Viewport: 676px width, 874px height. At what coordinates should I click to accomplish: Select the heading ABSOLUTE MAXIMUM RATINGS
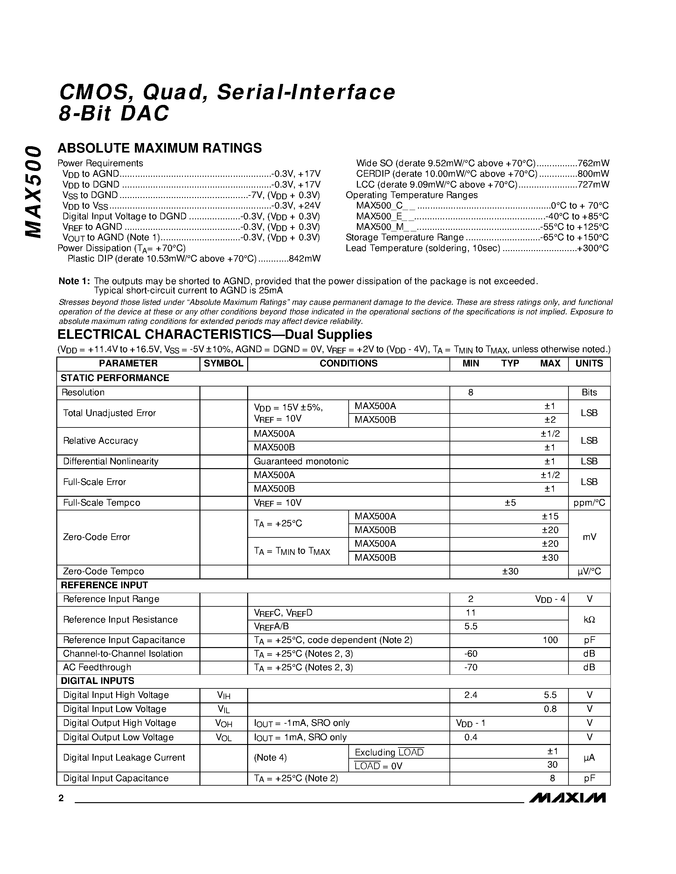pos(159,148)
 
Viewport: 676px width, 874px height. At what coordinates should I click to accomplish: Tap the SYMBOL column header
pos(223,363)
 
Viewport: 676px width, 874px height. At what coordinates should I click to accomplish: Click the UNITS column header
pos(589,363)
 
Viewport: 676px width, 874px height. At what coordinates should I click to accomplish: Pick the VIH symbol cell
pos(223,695)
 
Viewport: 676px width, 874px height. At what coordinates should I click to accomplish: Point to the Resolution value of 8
pos(470,393)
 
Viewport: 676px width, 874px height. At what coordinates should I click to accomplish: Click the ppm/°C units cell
pos(589,503)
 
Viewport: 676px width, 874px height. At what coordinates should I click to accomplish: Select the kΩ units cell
pos(589,619)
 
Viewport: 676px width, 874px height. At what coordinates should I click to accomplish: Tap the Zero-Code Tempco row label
pos(103,571)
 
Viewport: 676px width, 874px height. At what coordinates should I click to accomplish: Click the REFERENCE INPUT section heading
pos(104,585)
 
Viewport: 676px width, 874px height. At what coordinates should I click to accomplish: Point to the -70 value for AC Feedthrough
pos(470,667)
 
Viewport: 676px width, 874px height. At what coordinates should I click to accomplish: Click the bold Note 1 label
pos(74,281)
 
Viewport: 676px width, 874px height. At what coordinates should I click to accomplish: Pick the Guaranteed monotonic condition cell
pos(301,461)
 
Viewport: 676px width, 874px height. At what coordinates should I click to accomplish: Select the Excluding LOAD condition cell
pos(389,752)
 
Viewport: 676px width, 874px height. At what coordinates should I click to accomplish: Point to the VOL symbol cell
pos(223,738)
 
